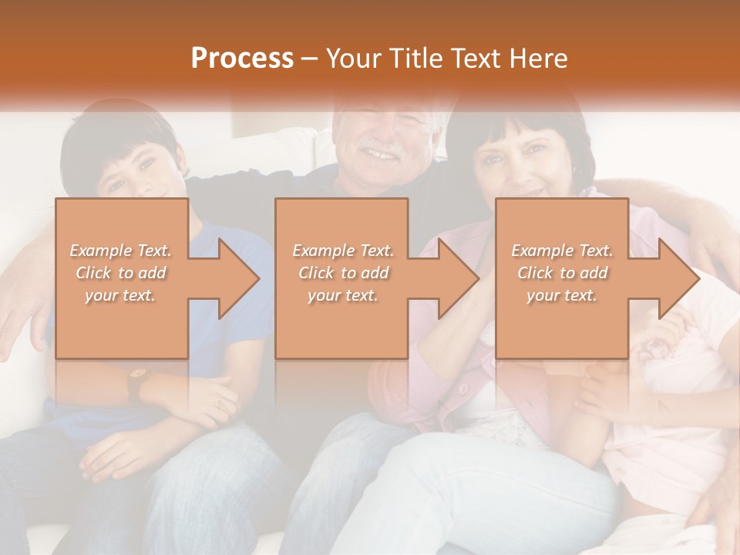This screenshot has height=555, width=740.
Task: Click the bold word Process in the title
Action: pos(242,58)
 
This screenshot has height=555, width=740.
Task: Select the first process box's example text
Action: pos(121,273)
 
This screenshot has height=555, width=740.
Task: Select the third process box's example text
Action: pos(562,273)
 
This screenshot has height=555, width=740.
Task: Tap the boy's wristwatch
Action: pos(137,383)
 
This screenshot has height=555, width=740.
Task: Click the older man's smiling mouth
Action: pos(380,154)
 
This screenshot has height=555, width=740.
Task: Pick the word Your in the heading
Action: pos(352,59)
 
